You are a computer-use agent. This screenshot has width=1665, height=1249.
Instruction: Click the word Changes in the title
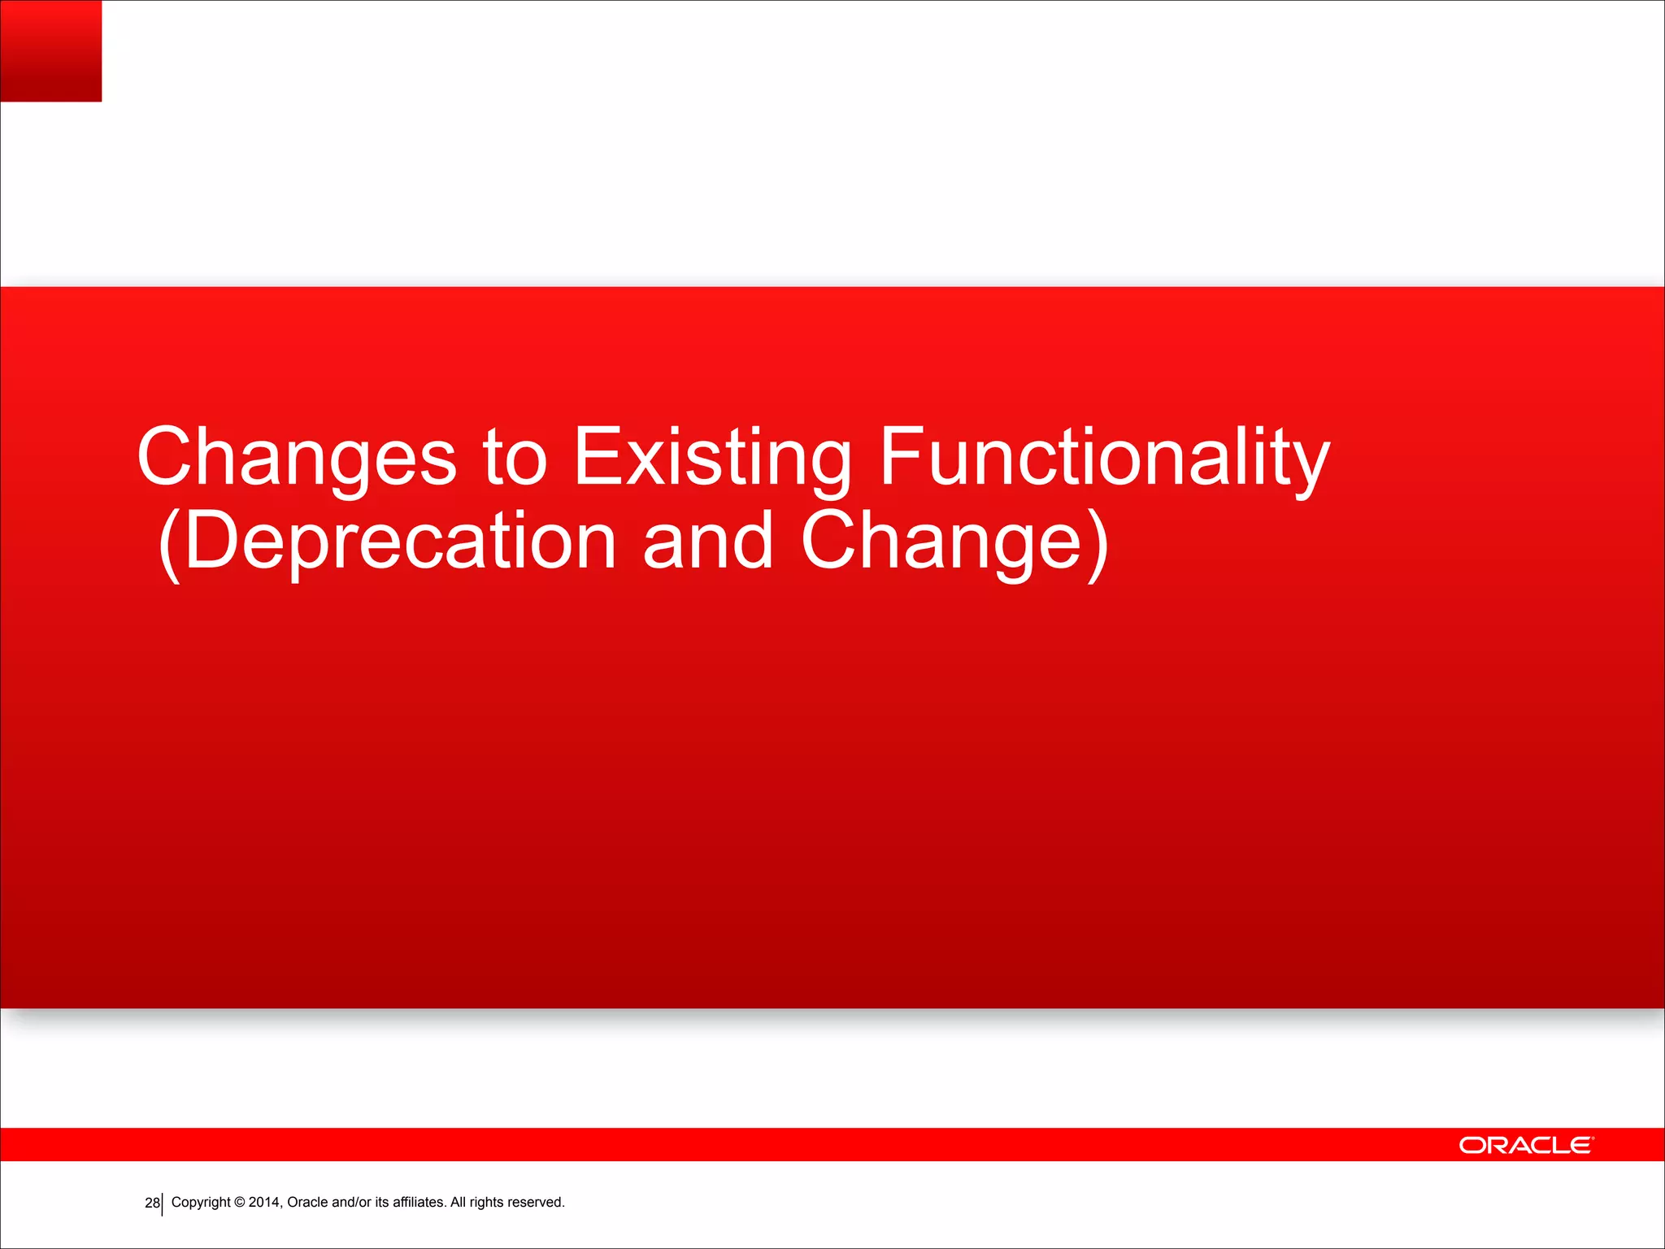[x=297, y=458]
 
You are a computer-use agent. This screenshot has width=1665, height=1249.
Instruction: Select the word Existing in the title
[x=712, y=458]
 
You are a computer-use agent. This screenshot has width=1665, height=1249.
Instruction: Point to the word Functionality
[x=1104, y=458]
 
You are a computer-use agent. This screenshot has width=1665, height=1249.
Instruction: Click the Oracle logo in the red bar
[x=1526, y=1145]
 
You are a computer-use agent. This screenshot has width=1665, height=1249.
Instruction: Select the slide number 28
[x=152, y=1203]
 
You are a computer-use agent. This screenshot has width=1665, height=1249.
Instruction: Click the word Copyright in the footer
[x=201, y=1202]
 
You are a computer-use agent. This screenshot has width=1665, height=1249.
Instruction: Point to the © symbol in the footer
[x=240, y=1202]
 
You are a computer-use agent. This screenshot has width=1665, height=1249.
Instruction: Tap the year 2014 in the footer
[x=265, y=1202]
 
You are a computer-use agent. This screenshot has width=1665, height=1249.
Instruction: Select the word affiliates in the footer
[x=419, y=1202]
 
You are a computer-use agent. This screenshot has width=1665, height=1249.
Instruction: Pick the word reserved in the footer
[x=536, y=1202]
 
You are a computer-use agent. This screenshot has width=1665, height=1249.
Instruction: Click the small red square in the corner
[x=50, y=50]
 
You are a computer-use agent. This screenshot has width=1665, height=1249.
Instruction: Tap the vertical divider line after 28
[x=163, y=1204]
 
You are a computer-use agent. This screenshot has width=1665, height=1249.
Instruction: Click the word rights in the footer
[x=486, y=1202]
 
